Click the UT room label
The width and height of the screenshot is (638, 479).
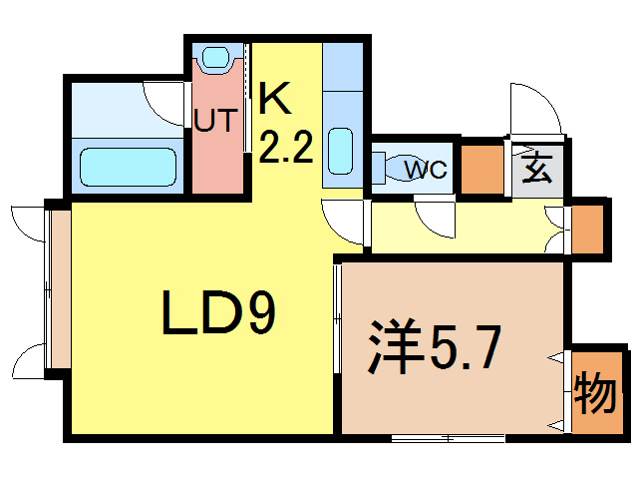point(215,120)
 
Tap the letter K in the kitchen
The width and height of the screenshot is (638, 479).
point(275,98)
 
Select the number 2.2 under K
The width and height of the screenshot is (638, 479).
point(285,147)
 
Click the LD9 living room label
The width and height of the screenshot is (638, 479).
point(219,312)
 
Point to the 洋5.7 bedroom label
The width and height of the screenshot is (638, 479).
point(434,347)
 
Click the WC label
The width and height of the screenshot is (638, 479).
point(426,169)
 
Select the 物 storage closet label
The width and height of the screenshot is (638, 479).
point(594,392)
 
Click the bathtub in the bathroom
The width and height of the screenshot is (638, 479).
point(128,167)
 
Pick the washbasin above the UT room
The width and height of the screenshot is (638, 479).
point(216,58)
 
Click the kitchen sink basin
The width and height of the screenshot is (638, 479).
point(340,151)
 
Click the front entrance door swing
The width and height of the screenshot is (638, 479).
point(536,108)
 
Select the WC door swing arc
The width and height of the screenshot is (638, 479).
point(435,220)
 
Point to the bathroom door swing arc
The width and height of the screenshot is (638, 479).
point(162,104)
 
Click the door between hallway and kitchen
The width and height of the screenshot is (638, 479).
point(342,223)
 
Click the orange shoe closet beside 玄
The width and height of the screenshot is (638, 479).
point(482,170)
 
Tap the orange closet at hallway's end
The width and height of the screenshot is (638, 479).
point(587,229)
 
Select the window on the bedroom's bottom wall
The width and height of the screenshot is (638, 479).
point(448,438)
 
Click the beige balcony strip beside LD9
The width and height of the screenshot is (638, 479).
point(61,288)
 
